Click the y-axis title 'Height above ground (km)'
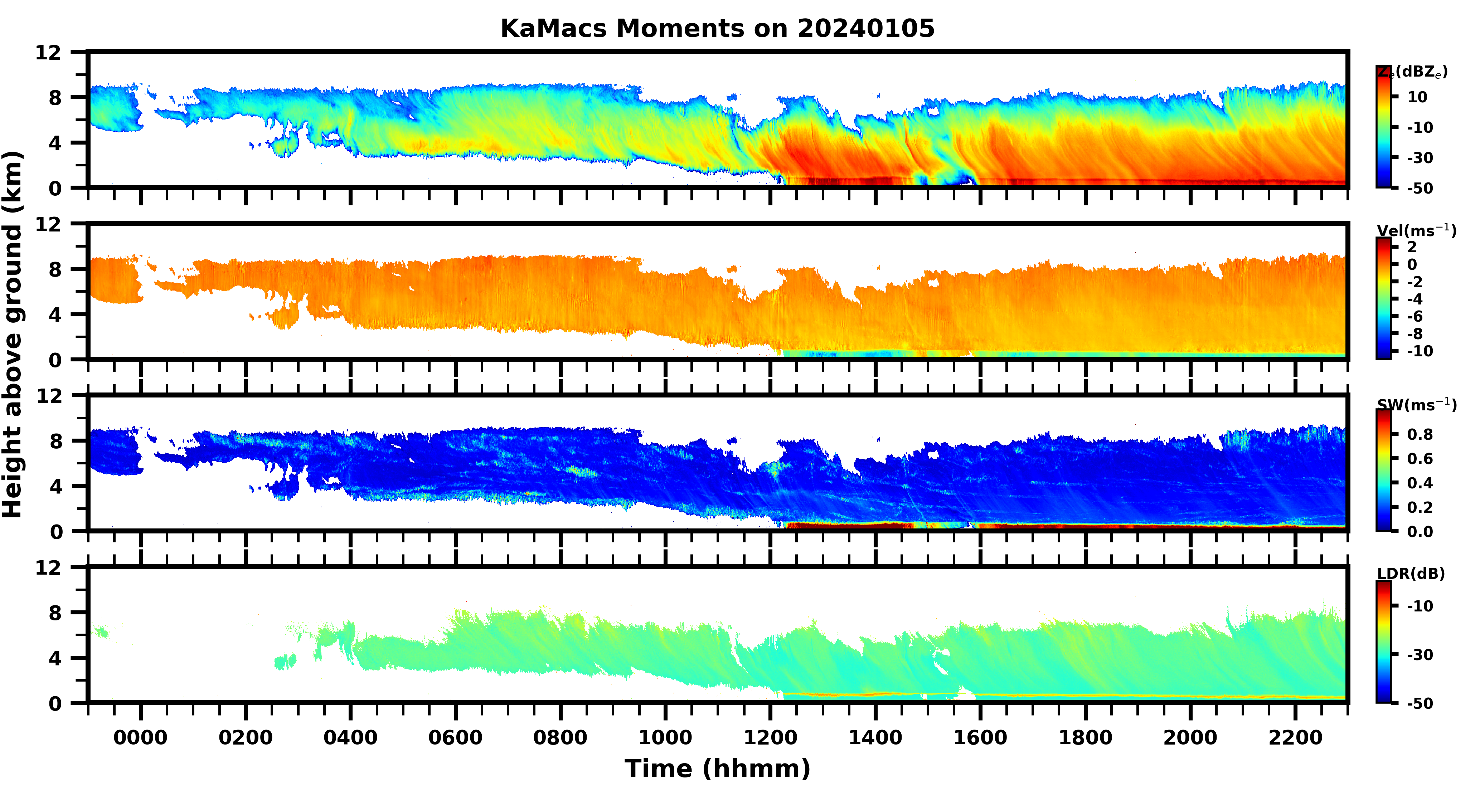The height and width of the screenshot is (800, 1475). pyautogui.click(x=13, y=335)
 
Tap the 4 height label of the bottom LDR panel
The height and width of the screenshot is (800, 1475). pyautogui.click(x=55, y=658)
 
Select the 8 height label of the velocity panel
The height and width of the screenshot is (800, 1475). pyautogui.click(x=55, y=269)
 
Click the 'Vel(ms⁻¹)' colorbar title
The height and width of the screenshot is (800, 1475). pyautogui.click(x=1416, y=231)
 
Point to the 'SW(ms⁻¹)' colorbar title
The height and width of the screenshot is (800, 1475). pyautogui.click(x=1416, y=405)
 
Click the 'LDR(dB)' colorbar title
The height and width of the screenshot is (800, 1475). pyautogui.click(x=1411, y=574)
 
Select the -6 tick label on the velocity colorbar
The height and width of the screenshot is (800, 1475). pyautogui.click(x=1415, y=316)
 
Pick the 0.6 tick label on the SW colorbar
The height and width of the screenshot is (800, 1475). pyautogui.click(x=1420, y=458)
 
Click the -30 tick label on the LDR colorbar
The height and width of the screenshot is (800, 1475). pyautogui.click(x=1420, y=654)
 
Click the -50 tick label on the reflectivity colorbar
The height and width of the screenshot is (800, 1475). pyautogui.click(x=1420, y=188)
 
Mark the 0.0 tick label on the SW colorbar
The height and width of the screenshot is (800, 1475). pyautogui.click(x=1420, y=532)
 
